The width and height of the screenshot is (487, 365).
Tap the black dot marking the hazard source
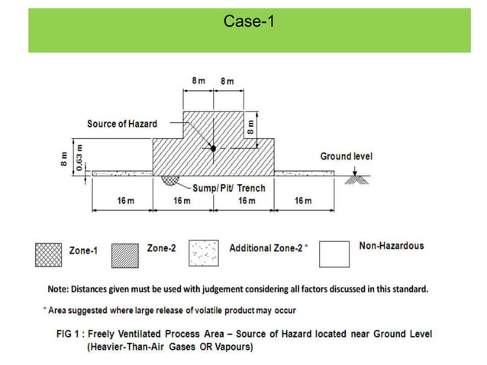(213, 147)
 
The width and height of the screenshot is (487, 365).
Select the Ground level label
(346, 157)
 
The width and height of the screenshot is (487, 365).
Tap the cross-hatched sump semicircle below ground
(169, 179)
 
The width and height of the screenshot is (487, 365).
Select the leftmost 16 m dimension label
(126, 201)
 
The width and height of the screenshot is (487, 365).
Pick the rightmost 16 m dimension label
(302, 201)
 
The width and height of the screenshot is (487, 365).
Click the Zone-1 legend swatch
(48, 254)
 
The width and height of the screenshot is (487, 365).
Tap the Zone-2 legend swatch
(125, 254)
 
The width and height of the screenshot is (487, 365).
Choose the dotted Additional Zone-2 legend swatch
(204, 254)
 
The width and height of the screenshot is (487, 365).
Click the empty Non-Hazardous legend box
(334, 254)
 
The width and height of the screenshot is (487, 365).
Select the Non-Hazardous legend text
(391, 246)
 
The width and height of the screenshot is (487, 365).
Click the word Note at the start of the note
(57, 289)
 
